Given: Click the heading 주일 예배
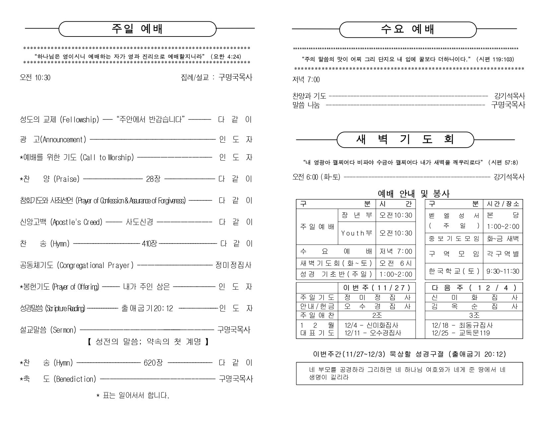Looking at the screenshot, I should (137, 29).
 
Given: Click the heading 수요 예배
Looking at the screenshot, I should (408, 29).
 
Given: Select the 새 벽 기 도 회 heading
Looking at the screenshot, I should (405, 140).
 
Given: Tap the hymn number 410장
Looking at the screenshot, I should (149, 244).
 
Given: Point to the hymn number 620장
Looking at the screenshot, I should (153, 363).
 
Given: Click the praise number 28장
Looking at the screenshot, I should (153, 179).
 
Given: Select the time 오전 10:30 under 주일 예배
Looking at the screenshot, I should (35, 78).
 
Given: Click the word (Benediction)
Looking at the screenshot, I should (75, 379).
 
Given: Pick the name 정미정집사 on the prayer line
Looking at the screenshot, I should (234, 265).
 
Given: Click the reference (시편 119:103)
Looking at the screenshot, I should (495, 59).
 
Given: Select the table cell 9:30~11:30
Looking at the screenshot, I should (503, 271).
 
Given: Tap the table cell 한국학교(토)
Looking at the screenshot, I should (454, 271).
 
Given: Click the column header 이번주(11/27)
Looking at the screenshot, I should (376, 288).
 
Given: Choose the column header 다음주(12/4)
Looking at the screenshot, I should (474, 288).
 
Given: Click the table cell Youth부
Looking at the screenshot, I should (357, 233).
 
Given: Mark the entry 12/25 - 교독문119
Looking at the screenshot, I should (460, 333).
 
